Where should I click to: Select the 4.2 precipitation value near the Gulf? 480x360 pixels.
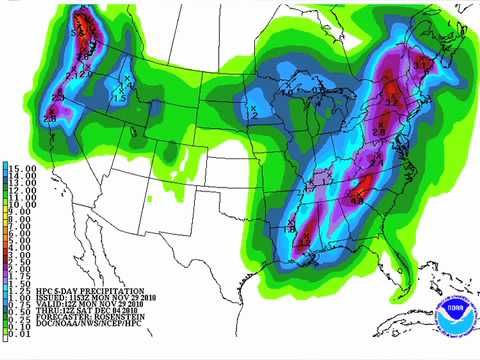coord(303,241)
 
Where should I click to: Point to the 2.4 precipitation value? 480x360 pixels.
coord(376,161)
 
